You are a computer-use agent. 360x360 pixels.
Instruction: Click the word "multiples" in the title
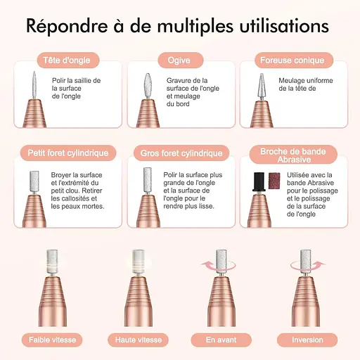[195, 27]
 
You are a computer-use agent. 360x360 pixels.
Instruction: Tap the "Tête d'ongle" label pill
[68, 60]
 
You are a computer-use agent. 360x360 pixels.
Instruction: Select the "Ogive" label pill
[181, 60]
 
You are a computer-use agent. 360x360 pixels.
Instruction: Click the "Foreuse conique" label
[294, 60]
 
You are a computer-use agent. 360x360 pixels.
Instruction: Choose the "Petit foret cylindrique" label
[68, 153]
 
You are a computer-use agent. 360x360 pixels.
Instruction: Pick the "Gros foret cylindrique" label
[181, 153]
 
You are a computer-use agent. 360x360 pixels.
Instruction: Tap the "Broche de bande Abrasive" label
[293, 155]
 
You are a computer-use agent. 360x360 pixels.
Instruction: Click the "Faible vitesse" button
[52, 340]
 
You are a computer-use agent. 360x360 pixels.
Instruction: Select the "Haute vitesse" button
[139, 340]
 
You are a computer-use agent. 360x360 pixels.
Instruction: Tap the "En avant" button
[221, 340]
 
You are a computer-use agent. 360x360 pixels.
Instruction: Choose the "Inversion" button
[307, 340]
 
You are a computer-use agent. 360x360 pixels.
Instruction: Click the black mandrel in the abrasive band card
[259, 181]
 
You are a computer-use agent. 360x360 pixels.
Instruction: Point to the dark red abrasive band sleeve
[274, 181]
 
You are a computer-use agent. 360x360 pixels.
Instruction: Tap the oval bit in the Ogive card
[148, 86]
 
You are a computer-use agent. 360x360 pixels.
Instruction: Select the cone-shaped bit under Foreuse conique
[262, 86]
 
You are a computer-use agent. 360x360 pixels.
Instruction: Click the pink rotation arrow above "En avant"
[218, 266]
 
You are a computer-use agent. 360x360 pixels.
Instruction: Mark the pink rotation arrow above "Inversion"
[307, 266]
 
